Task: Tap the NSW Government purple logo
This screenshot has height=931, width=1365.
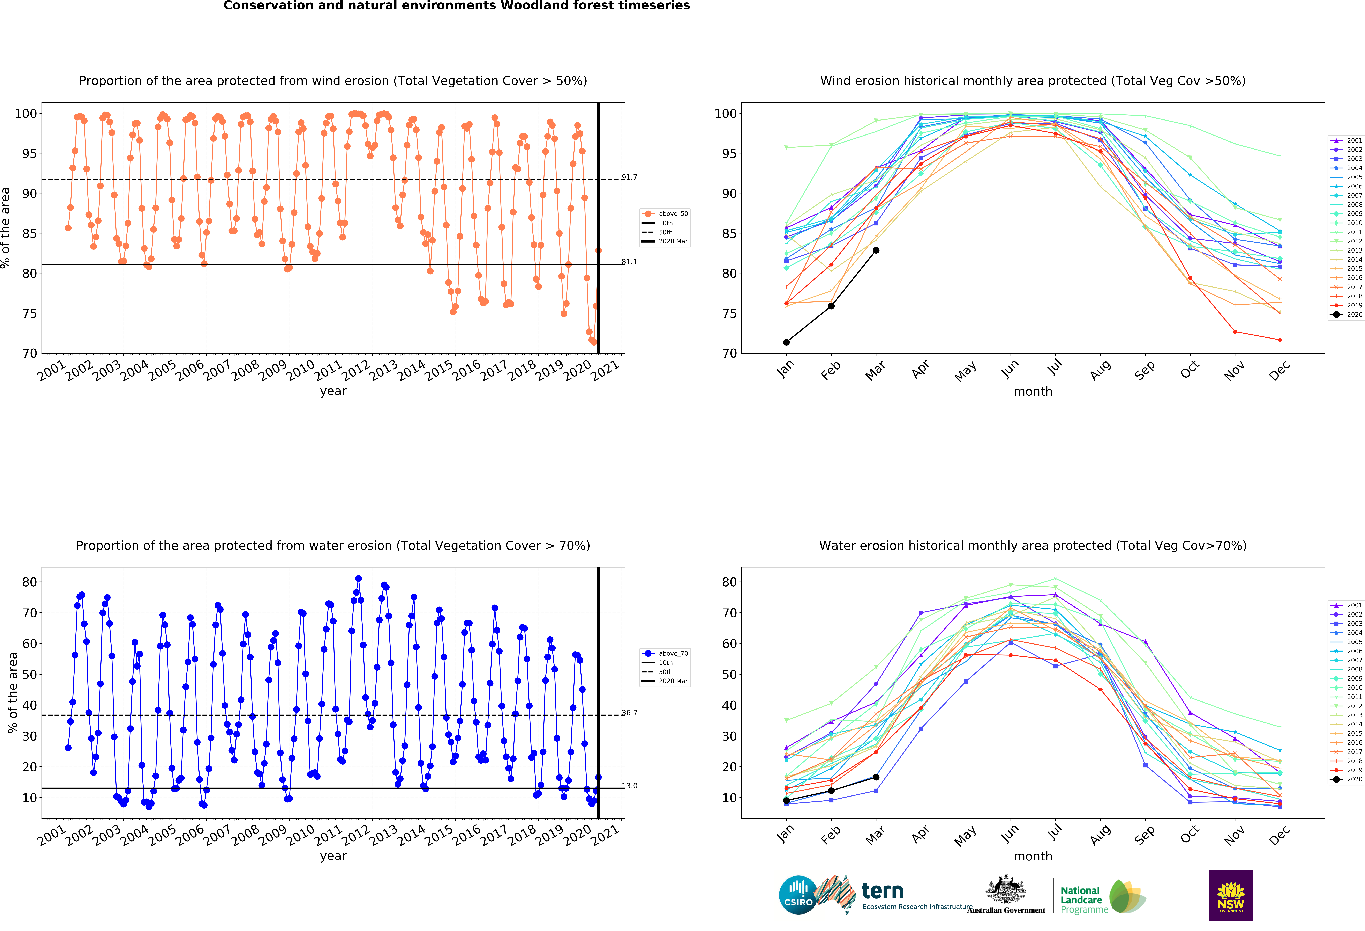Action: tap(1230, 895)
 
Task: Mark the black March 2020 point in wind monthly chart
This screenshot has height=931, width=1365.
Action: tap(876, 250)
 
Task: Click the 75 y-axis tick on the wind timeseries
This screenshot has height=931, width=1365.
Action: tap(29, 313)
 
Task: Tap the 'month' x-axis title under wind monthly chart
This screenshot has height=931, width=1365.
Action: tap(1033, 391)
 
